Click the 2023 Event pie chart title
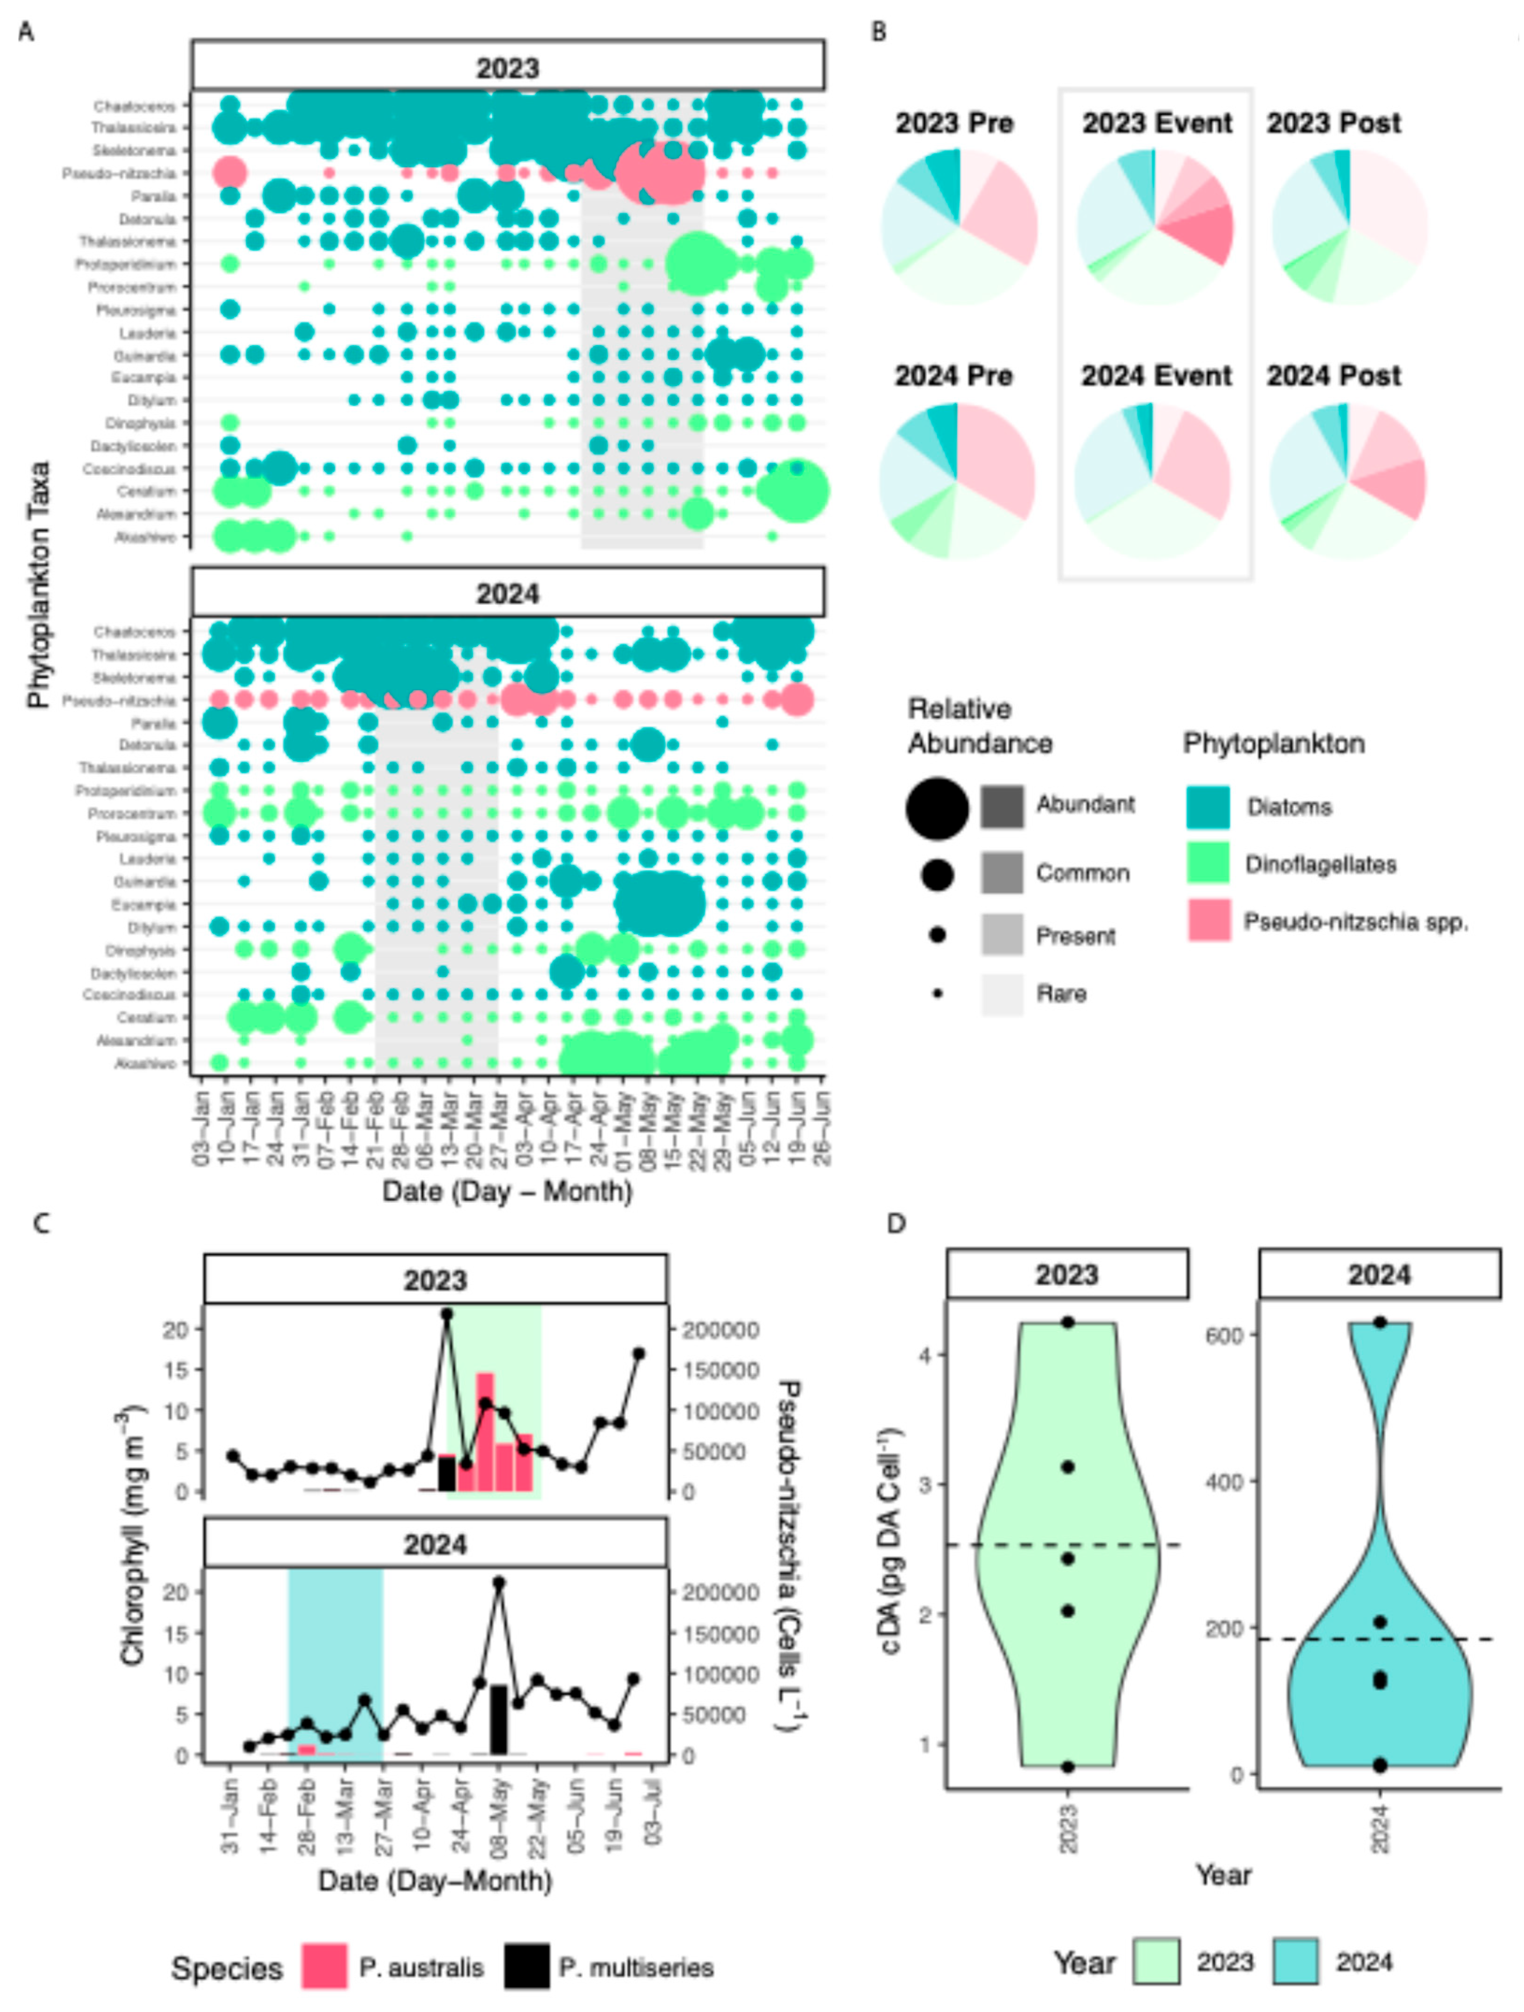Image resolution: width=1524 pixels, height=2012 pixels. (1157, 123)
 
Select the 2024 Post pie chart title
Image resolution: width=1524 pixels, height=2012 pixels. (1334, 376)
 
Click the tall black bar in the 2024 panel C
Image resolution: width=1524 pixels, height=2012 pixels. (499, 1719)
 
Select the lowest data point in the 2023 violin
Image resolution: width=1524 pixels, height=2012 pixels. (1068, 1767)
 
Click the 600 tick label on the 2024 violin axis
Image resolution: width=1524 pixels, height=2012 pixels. (1224, 1334)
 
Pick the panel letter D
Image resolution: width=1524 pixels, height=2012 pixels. (897, 1223)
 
